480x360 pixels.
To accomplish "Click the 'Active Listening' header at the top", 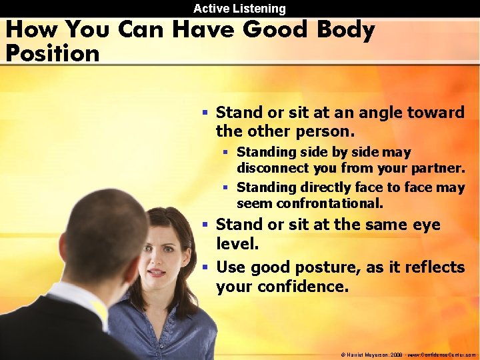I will click(x=239, y=9).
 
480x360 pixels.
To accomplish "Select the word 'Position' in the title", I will click(x=52, y=53).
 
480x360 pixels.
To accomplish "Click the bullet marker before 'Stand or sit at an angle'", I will click(x=207, y=113).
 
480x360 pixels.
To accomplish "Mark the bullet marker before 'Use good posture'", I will click(x=207, y=268).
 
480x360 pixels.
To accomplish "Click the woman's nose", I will click(x=157, y=260).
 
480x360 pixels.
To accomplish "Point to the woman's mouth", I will click(x=156, y=272).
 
